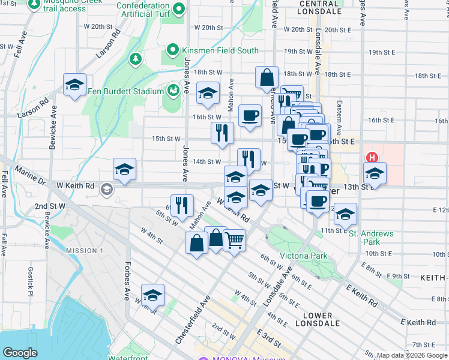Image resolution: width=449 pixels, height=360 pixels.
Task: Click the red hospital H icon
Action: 372,158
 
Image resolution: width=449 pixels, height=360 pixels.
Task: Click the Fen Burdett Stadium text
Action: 125,91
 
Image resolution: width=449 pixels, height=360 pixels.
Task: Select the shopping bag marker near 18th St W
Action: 267,78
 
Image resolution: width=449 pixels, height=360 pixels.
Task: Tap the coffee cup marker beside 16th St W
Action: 250,115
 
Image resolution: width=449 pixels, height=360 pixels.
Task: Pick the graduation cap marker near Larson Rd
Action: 74,85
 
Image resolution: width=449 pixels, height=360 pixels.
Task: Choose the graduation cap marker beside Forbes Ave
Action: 153,295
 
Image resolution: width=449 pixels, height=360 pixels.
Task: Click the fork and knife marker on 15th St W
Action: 222,133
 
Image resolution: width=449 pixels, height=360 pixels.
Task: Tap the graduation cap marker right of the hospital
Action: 375,173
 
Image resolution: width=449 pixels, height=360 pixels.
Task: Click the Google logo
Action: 20,353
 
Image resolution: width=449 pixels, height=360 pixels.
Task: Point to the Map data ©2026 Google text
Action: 411,355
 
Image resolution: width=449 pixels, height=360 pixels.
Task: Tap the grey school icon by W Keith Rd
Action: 106,190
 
